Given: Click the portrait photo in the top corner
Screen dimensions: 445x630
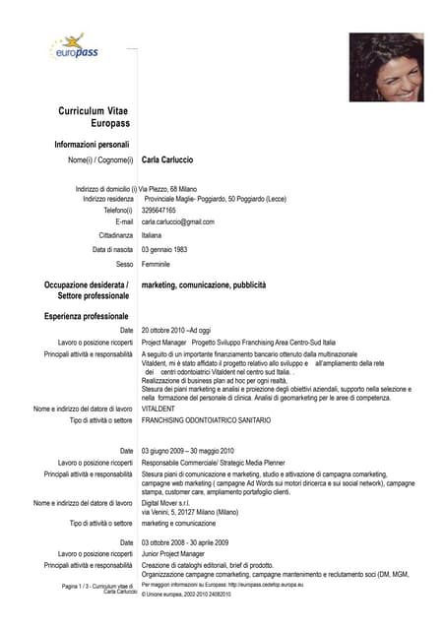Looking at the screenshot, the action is point(386,67).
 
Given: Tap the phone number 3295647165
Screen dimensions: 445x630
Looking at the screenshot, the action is point(159,211).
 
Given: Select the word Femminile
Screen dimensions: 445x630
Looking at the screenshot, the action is point(157,265).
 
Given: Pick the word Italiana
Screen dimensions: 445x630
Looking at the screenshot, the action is point(152,236).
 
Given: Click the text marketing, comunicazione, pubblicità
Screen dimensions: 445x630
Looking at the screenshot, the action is point(204,284).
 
